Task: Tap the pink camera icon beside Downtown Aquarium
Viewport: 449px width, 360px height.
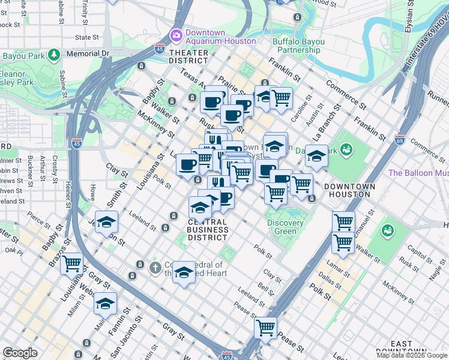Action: click(176, 35)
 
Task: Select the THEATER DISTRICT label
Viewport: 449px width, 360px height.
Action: click(188, 56)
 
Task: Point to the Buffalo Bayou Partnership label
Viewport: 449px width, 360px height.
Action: click(298, 46)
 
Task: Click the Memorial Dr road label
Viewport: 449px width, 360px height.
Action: click(88, 53)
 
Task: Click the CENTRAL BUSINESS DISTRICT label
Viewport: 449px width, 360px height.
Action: click(208, 229)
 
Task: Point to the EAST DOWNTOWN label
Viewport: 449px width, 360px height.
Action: click(402, 347)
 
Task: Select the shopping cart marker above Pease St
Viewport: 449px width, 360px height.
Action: click(265, 328)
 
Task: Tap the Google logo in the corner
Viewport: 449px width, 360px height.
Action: click(20, 353)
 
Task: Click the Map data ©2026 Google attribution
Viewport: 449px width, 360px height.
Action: click(412, 355)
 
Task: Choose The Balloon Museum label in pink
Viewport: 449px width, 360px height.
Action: click(418, 173)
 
